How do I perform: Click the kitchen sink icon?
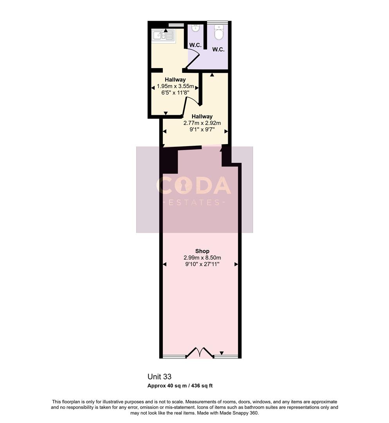point(164,36)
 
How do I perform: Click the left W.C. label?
point(195,45)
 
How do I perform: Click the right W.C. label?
point(218,49)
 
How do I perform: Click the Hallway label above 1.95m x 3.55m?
point(175,80)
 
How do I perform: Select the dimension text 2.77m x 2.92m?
point(202,123)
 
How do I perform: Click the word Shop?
point(202,251)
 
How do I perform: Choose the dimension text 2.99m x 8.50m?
point(202,258)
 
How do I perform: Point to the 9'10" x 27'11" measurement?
point(202,264)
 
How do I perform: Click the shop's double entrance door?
point(200,352)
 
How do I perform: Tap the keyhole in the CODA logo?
point(183,186)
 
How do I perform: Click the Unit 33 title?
point(159,377)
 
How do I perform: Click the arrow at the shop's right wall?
point(236,265)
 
